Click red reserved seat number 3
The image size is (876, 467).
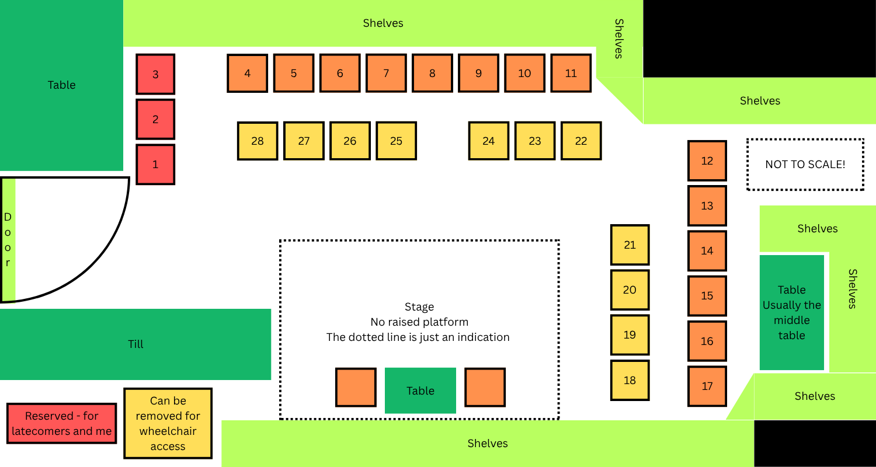(155, 74)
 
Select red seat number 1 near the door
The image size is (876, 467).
(155, 165)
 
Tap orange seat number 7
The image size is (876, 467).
(386, 73)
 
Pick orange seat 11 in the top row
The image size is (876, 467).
(571, 73)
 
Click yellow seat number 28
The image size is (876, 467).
(258, 141)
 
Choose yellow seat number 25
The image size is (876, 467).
(396, 141)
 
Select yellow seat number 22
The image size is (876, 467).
(581, 141)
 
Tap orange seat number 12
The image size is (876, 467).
(707, 161)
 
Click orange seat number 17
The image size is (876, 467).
(707, 386)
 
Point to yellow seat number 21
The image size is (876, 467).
(630, 245)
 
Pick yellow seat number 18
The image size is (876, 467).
(630, 380)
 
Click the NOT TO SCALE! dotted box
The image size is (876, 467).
(805, 164)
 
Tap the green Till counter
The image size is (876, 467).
(135, 344)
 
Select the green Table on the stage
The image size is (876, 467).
(420, 391)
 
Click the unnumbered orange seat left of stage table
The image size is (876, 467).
(356, 387)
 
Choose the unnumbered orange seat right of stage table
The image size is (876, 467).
(485, 387)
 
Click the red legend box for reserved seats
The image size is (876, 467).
(62, 423)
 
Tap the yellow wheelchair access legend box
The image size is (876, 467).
(168, 423)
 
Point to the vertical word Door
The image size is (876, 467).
(8, 239)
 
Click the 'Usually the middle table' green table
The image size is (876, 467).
(792, 313)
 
